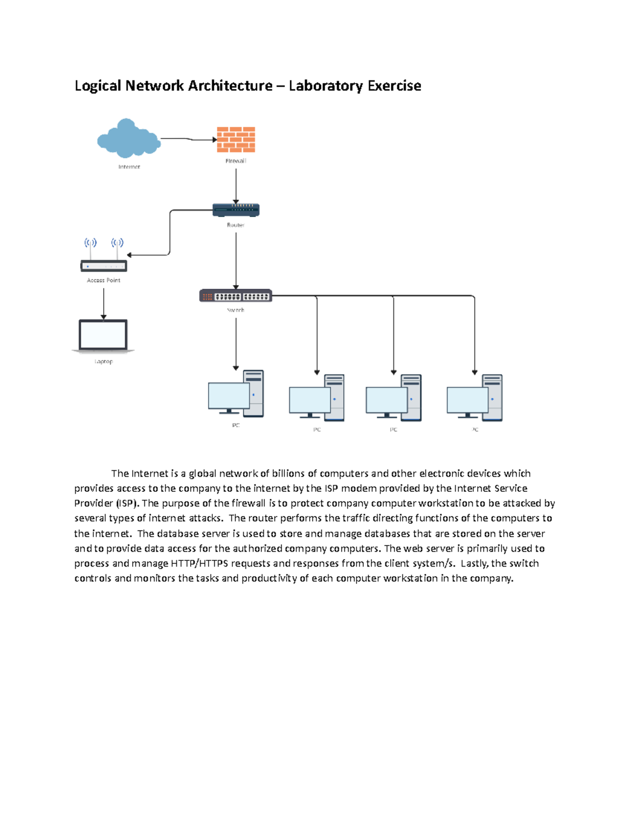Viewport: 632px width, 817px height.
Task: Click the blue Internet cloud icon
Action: tap(129, 139)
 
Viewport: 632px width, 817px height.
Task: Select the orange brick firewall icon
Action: tap(236, 139)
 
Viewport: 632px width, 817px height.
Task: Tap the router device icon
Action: tap(236, 210)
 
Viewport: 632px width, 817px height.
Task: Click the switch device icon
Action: tap(235, 296)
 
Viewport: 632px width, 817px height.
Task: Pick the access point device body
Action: tap(104, 266)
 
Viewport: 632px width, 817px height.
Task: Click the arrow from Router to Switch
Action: tap(236, 260)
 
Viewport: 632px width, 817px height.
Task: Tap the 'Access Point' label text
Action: tap(104, 280)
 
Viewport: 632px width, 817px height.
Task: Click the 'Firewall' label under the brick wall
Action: tap(235, 161)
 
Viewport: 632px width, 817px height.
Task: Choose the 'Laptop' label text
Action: tap(104, 361)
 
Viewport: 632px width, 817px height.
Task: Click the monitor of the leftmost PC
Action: tap(229, 396)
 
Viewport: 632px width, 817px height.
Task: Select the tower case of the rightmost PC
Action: tap(492, 397)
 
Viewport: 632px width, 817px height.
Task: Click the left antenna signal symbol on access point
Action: tap(91, 243)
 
